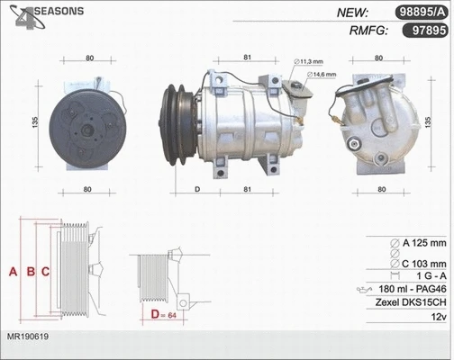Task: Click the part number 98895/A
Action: pos(420,12)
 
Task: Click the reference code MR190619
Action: pos(28,336)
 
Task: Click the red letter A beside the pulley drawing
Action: pos(12,271)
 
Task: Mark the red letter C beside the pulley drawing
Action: pos(44,271)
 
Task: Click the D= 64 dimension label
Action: pos(163,314)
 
